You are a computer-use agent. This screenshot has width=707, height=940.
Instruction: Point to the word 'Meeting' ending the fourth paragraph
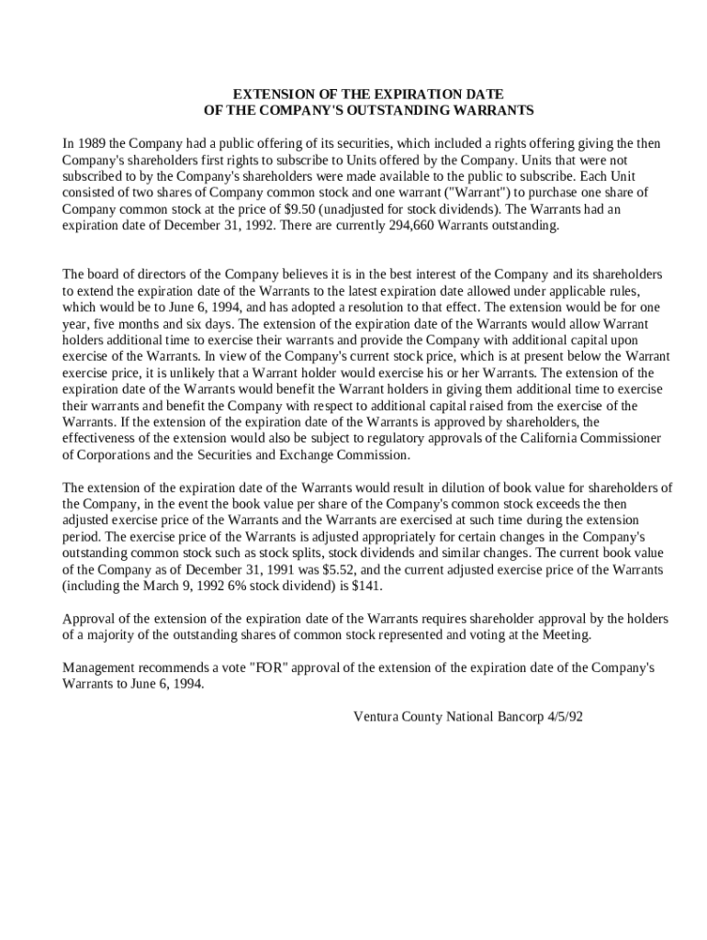click(567, 634)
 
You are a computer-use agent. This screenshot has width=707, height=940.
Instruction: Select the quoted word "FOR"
click(264, 667)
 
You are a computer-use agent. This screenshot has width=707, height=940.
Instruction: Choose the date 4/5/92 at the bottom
click(561, 716)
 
